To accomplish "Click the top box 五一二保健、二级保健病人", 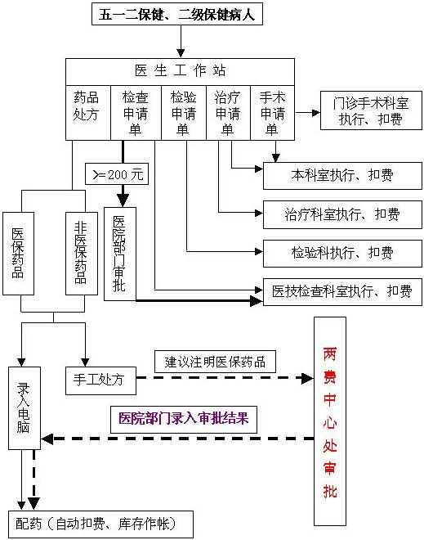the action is [177, 14].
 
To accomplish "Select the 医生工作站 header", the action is [181, 72].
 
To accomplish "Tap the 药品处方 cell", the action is [88, 113].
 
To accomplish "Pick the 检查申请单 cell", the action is [136, 113].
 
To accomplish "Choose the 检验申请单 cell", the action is [184, 113].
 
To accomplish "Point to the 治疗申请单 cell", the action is [228, 113].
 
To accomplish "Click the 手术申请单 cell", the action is [273, 113].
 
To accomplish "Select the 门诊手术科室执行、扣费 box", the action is [371, 110].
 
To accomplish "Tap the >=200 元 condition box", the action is [117, 174].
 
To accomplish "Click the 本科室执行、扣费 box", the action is [342, 176].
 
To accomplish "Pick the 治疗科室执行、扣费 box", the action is [342, 214].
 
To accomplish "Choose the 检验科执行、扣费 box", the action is [342, 254].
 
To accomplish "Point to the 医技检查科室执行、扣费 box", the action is [342, 292].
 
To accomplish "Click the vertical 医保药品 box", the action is [18, 254].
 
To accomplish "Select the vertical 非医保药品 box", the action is [82, 254].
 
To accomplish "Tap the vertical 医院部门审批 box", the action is [120, 254].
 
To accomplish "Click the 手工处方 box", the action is [100, 380].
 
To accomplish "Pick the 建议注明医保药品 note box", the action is [215, 362].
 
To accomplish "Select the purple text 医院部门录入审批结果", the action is [184, 419].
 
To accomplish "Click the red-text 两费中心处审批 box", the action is [330, 421].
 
